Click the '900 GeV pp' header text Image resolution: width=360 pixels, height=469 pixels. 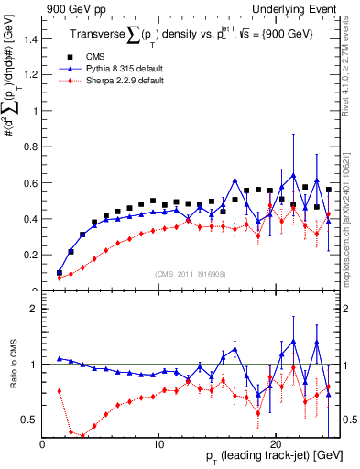coord(71,8)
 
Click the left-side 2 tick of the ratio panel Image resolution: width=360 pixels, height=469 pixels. coord(34,309)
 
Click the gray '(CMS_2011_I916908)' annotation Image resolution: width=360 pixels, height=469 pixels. coord(191,274)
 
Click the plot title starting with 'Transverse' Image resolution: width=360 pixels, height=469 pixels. coord(192,35)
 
